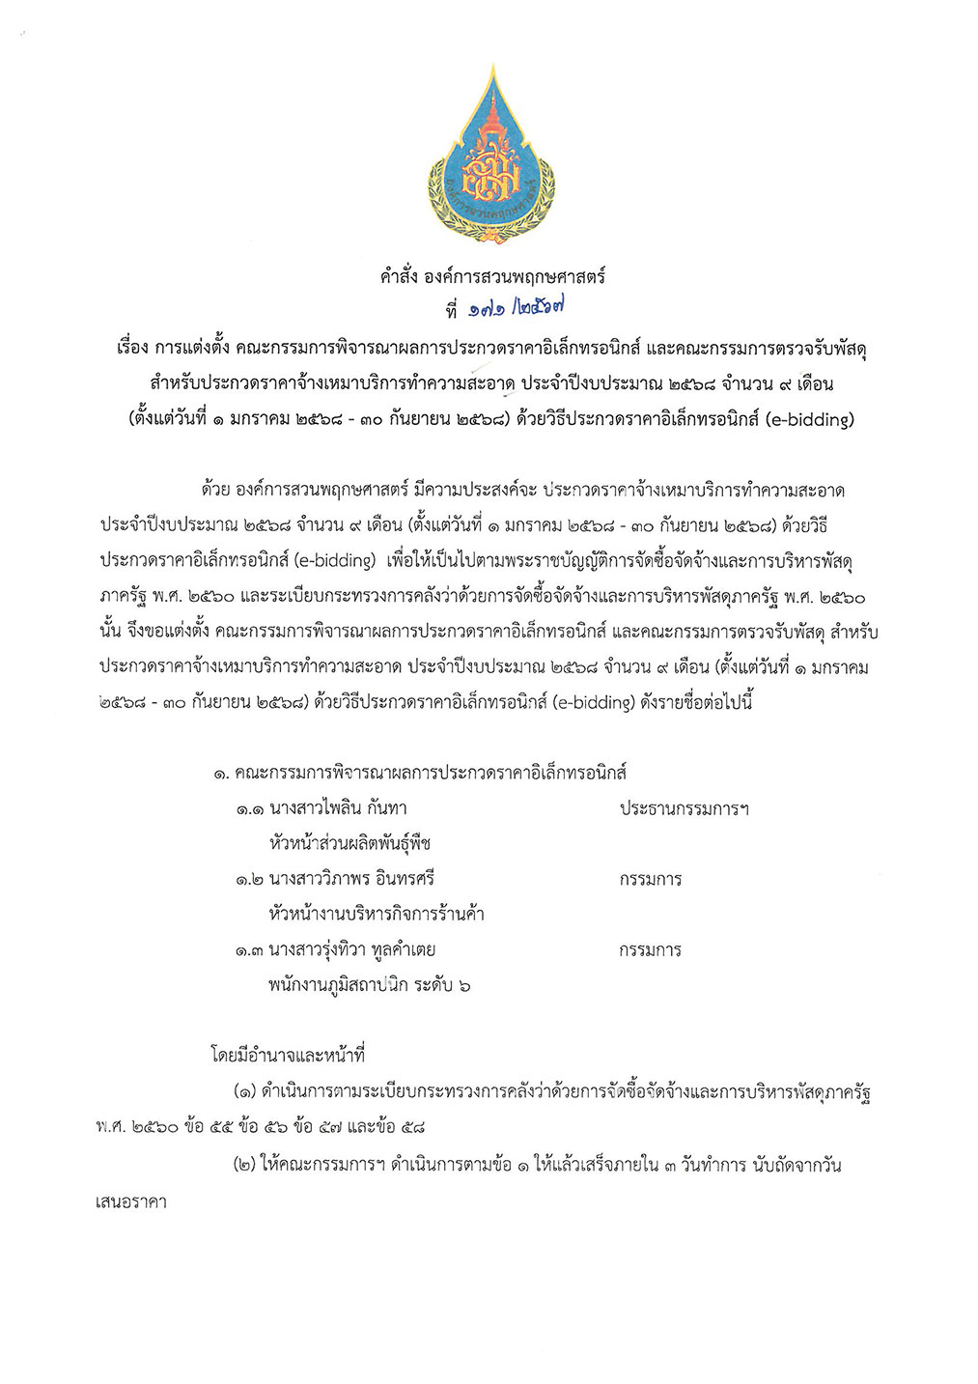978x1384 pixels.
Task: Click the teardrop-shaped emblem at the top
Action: point(493,155)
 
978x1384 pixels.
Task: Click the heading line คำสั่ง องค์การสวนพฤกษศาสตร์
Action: point(492,277)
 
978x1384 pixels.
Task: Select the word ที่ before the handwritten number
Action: point(448,312)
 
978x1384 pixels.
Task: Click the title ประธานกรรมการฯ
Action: point(684,808)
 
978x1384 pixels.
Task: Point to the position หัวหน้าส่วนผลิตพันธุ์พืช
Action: point(349,844)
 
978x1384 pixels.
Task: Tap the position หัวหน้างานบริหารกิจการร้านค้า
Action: point(377,915)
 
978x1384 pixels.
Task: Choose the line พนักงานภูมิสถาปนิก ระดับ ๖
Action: point(371,986)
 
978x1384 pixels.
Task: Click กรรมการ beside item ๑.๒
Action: point(651,879)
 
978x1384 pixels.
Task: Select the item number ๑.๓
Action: point(250,950)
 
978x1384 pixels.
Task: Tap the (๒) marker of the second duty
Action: point(244,1166)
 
